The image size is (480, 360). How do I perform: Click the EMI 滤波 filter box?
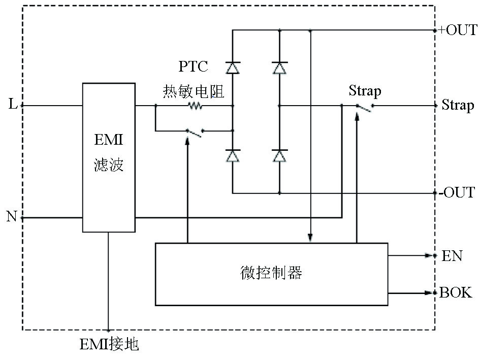pyautogui.click(x=109, y=157)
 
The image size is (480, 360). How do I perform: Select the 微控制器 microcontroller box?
pyautogui.click(x=271, y=274)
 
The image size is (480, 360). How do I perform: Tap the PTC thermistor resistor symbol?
pyautogui.click(x=195, y=106)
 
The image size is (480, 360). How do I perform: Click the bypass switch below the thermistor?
pyautogui.click(x=195, y=132)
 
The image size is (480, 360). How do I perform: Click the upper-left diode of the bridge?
pyautogui.click(x=233, y=68)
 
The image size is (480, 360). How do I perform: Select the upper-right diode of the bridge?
pyautogui.click(x=279, y=68)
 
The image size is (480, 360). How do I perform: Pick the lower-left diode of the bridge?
pyautogui.click(x=233, y=155)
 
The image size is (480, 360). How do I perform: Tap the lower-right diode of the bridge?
pyautogui.click(x=279, y=155)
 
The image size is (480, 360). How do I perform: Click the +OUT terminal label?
pyautogui.click(x=458, y=30)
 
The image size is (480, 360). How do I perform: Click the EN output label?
pyautogui.click(x=452, y=255)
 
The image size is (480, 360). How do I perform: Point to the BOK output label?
pyautogui.click(x=456, y=292)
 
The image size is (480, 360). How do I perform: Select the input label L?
pyautogui.click(x=13, y=105)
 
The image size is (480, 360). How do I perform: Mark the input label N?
pyautogui.click(x=12, y=217)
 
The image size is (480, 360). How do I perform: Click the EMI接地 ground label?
pyautogui.click(x=109, y=345)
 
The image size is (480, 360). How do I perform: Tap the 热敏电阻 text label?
pyautogui.click(x=194, y=91)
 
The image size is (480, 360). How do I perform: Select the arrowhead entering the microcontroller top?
pyautogui.click(x=310, y=238)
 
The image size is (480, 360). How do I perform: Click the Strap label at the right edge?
pyautogui.click(x=458, y=105)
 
